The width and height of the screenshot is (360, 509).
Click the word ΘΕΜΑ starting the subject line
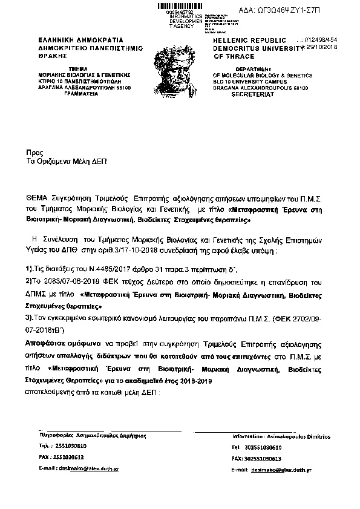click(x=38, y=198)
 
